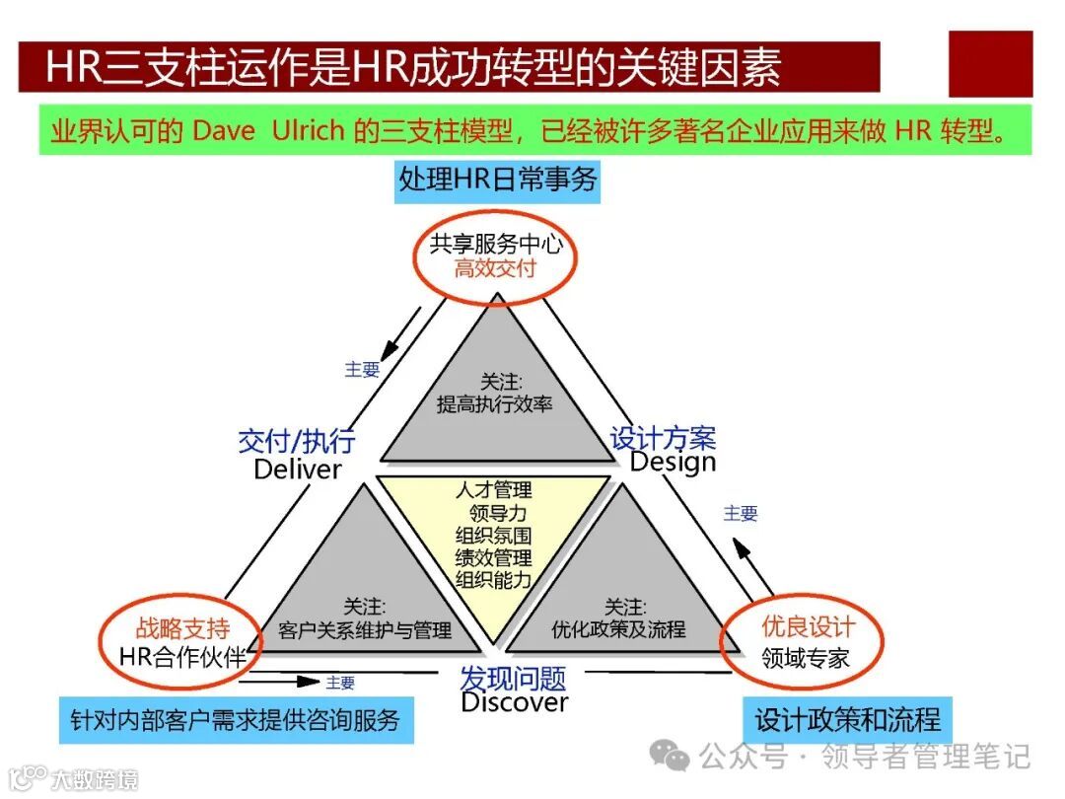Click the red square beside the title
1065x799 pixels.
click(990, 64)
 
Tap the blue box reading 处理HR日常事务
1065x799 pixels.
click(497, 180)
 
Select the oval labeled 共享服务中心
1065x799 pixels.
click(495, 254)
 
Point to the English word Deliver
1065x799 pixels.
click(297, 470)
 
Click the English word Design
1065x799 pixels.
click(673, 462)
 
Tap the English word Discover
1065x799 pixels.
click(514, 702)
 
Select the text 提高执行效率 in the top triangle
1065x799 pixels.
click(495, 403)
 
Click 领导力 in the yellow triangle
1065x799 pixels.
click(498, 513)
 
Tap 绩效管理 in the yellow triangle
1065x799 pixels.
click(493, 557)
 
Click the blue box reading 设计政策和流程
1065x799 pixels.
click(847, 719)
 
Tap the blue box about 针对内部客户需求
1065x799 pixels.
click(235, 719)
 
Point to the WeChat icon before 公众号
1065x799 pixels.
click(675, 758)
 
